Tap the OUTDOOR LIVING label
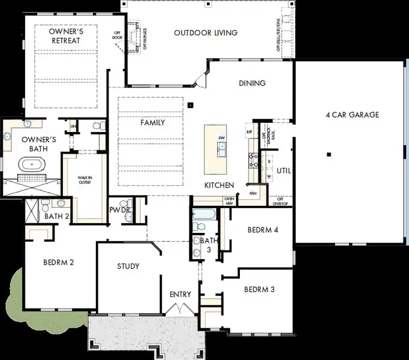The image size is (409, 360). (206, 32)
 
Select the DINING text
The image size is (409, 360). (252, 83)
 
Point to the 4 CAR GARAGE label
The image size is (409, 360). (352, 115)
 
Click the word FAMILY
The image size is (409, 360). (152, 122)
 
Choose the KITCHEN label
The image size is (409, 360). (219, 185)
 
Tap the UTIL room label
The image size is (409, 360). (284, 170)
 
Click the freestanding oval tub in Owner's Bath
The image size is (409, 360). (29, 163)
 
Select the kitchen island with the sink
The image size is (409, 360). (216, 149)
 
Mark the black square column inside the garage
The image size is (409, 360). (329, 154)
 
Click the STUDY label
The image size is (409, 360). (128, 266)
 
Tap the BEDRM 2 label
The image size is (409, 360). (58, 262)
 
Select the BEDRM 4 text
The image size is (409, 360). (262, 229)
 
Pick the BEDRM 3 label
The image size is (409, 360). (259, 289)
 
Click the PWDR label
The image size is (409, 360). (116, 210)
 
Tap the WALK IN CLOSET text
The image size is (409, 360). (84, 179)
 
